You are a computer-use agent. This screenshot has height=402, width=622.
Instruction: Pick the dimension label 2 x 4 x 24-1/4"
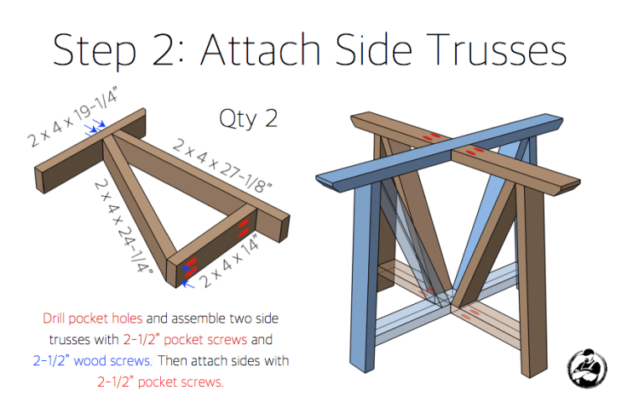[x=127, y=226]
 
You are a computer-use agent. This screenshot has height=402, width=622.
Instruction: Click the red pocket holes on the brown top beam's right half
[x=480, y=152]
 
